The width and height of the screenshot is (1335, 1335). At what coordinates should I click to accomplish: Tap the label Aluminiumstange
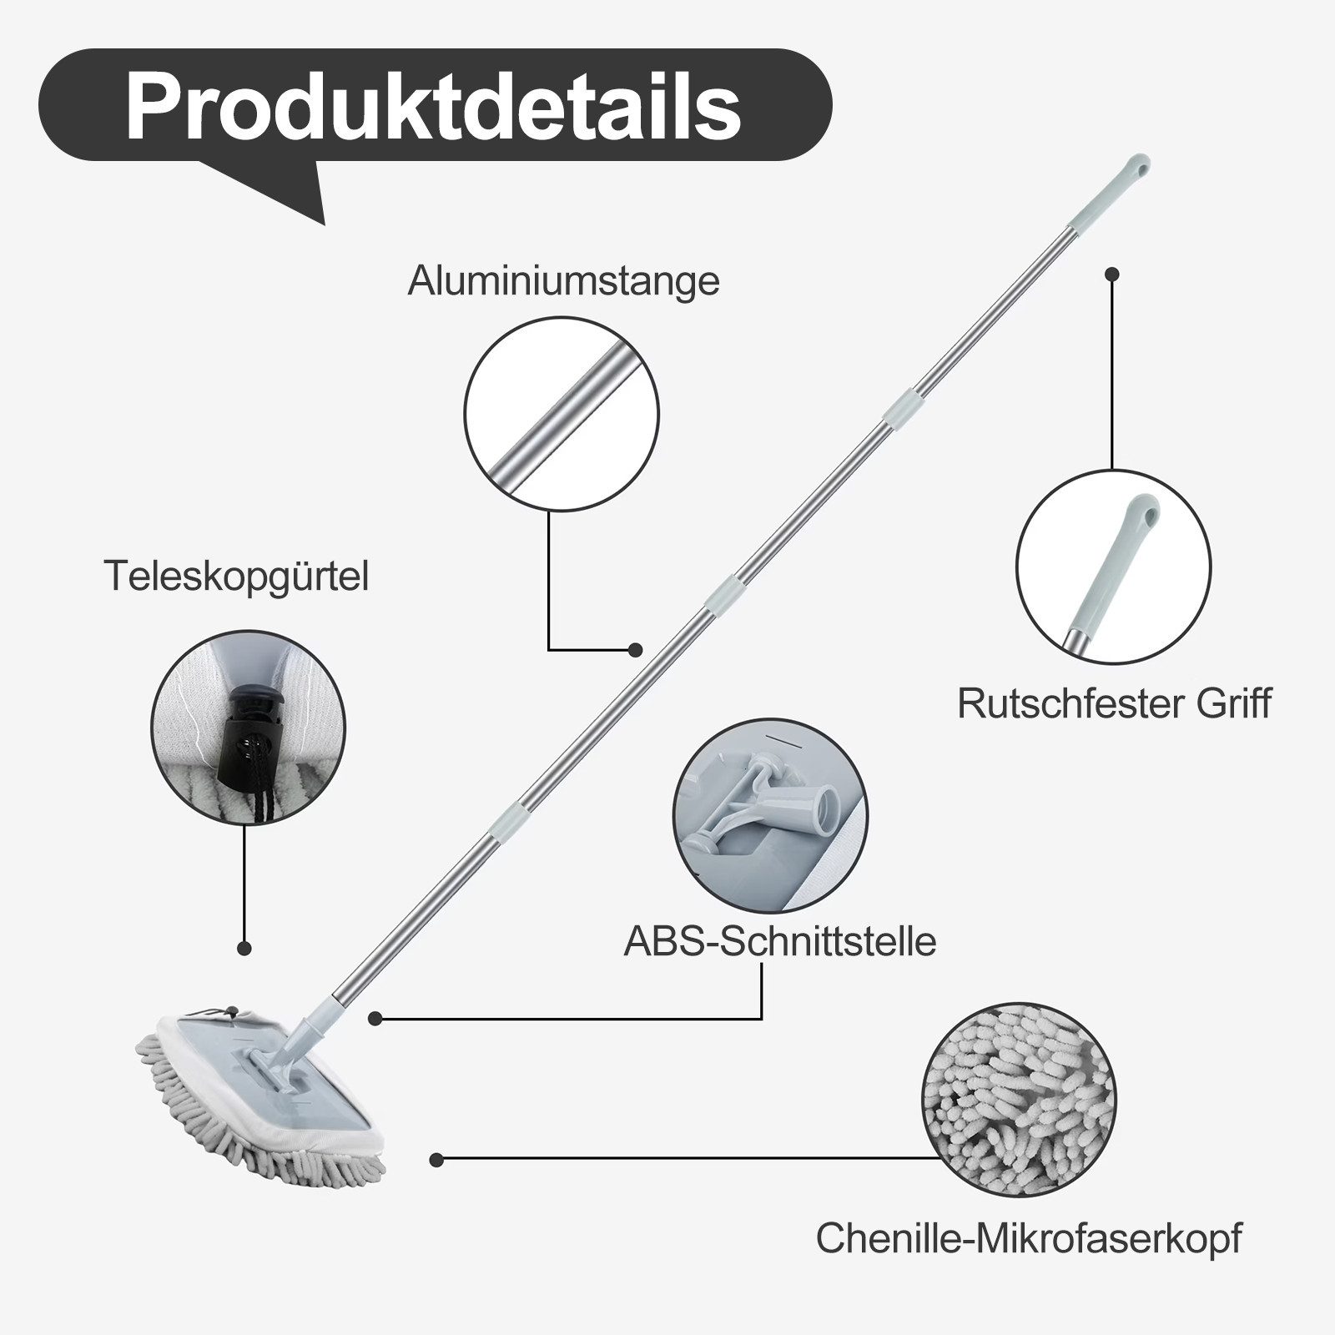(563, 280)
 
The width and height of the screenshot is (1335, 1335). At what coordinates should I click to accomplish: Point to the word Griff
(1233, 703)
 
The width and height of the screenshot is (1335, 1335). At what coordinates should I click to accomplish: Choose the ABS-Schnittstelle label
(780, 941)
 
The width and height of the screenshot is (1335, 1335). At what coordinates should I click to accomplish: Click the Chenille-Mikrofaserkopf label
(1029, 1239)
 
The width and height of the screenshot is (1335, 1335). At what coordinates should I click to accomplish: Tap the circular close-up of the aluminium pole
(562, 414)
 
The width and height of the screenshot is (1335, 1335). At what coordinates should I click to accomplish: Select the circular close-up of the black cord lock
(248, 728)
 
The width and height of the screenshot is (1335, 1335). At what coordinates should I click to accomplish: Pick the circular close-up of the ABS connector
(770, 815)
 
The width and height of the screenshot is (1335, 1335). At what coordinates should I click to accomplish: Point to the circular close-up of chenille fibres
(1019, 1100)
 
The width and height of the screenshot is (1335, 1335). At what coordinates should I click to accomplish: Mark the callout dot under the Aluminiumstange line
(635, 649)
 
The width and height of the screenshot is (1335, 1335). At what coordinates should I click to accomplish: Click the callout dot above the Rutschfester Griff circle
(1111, 273)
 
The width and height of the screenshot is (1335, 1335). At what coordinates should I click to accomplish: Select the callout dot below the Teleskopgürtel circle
(244, 948)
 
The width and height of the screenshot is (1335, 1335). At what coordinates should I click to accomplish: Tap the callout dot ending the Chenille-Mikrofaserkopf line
(436, 1159)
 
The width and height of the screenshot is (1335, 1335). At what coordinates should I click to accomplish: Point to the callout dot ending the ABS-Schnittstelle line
(375, 1018)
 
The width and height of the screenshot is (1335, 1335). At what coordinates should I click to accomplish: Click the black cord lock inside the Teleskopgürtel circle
(244, 734)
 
